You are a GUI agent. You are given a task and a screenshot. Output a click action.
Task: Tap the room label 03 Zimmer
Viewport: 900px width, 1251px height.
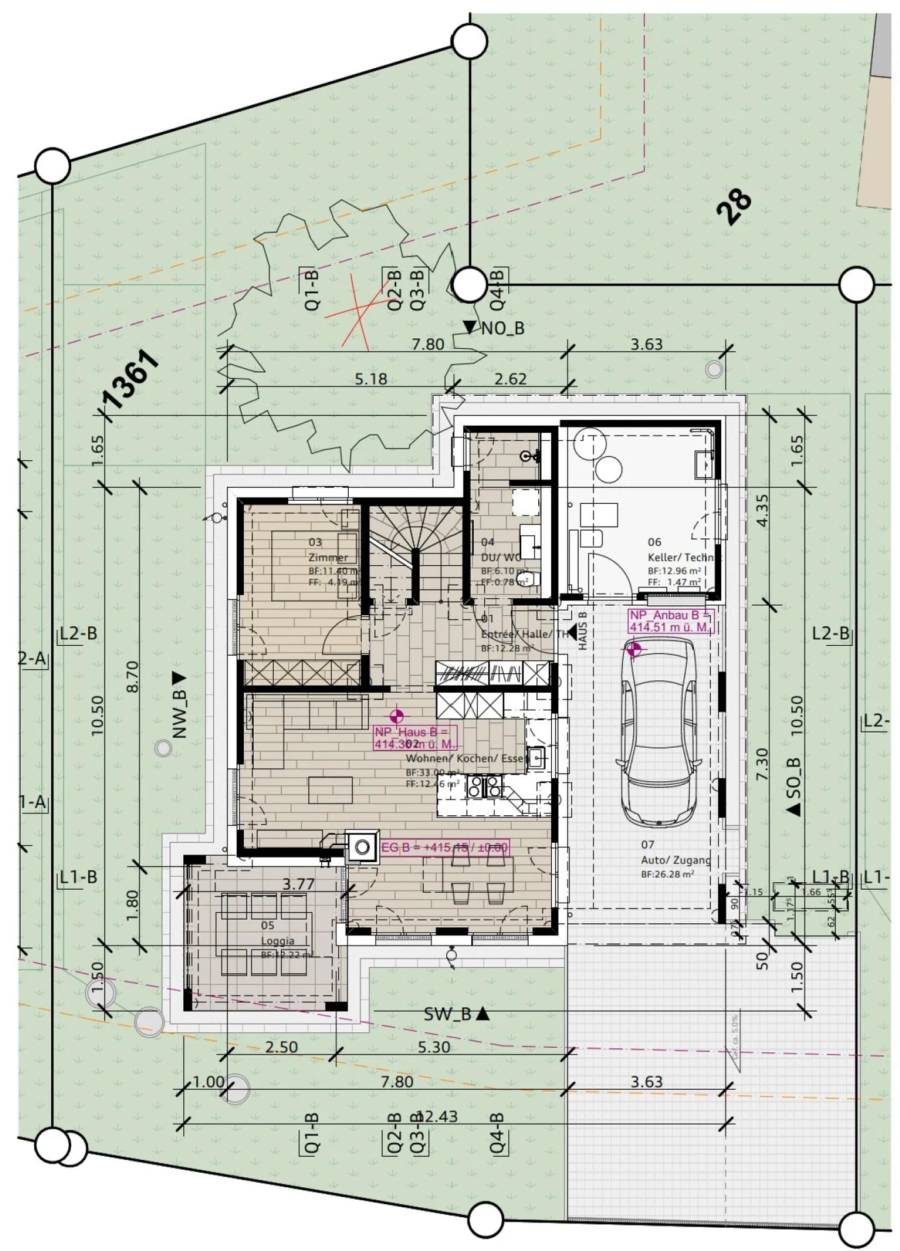click(x=327, y=551)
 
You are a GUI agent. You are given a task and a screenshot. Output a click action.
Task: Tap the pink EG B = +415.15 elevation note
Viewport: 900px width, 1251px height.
click(x=444, y=848)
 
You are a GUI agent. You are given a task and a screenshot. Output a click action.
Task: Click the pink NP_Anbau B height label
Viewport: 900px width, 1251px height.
click(x=669, y=621)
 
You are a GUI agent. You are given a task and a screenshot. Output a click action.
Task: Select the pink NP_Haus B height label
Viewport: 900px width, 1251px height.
click(x=414, y=738)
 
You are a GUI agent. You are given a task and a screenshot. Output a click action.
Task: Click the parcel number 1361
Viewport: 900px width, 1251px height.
click(x=130, y=379)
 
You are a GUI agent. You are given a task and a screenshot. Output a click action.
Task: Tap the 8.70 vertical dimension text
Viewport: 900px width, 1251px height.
click(x=132, y=677)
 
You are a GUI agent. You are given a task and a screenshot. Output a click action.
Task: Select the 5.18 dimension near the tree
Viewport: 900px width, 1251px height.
click(x=371, y=379)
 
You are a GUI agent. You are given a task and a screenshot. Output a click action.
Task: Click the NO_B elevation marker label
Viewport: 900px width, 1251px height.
click(x=501, y=328)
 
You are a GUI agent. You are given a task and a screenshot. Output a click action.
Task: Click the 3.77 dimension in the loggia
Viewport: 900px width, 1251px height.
click(x=298, y=884)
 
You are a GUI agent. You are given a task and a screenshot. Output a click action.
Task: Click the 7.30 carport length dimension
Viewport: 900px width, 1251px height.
click(x=762, y=764)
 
